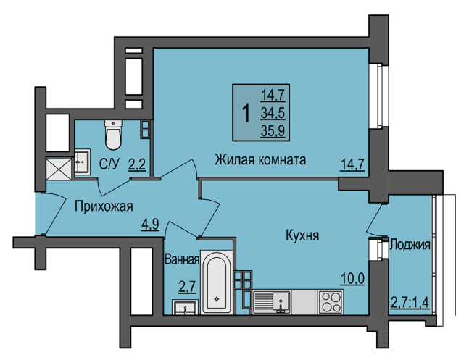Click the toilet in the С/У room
(113, 135)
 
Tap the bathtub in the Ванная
(217, 282)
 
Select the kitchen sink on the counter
(272, 302)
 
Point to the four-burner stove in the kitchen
(331, 302)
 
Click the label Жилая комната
(260, 159)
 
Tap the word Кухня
(302, 235)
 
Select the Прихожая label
(104, 206)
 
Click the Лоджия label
(410, 245)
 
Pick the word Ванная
(182, 259)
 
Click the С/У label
(109, 164)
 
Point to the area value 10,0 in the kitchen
(352, 279)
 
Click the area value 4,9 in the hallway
(150, 224)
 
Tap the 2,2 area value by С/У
(137, 164)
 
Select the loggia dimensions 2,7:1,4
(410, 302)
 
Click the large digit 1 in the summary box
(246, 113)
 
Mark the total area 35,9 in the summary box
(273, 130)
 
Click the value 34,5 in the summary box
(273, 113)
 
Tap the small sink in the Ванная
(185, 307)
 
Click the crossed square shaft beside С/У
(59, 169)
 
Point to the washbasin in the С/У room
(82, 162)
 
